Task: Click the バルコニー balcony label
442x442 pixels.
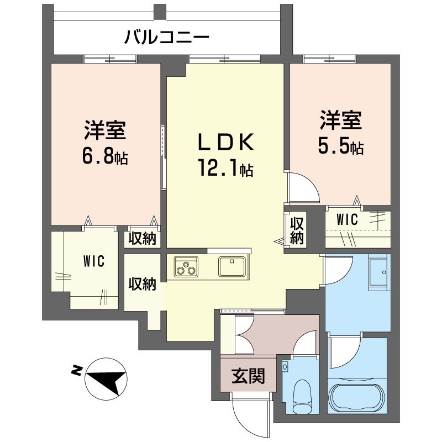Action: [167, 38]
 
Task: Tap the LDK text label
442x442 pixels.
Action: [227, 142]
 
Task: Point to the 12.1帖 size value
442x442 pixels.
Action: [225, 168]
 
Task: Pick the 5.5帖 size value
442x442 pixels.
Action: [340, 146]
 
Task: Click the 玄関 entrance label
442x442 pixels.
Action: [248, 376]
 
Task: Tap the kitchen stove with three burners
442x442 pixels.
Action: [186, 267]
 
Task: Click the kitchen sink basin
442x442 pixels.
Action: [232, 266]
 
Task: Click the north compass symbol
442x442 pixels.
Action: [106, 379]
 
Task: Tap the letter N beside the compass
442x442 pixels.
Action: [76, 370]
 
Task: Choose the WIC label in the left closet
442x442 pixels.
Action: [93, 261]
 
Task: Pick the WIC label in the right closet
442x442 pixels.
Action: [348, 219]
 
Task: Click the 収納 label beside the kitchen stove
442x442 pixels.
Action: [143, 284]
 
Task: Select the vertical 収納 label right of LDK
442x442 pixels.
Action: [297, 231]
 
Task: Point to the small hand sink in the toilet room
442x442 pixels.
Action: [285, 367]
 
